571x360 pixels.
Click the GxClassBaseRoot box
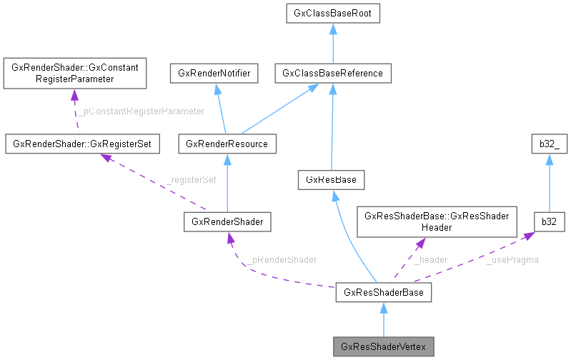click(332, 13)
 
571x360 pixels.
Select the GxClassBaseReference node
click(332, 73)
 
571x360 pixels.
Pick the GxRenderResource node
click(227, 144)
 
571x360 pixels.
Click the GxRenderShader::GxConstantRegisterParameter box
click(74, 74)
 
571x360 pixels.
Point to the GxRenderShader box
click(227, 222)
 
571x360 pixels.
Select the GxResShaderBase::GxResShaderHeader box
click(437, 221)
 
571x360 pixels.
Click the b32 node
click(549, 222)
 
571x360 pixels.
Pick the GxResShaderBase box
click(383, 292)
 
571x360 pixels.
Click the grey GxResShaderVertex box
click(383, 347)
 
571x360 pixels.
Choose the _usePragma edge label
click(512, 259)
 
